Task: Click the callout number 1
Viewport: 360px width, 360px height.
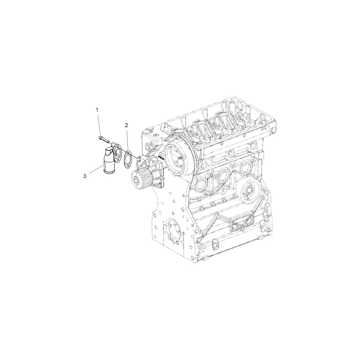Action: click(x=96, y=109)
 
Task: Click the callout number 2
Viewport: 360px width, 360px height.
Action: click(x=127, y=125)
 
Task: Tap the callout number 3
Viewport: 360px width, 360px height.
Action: click(x=84, y=177)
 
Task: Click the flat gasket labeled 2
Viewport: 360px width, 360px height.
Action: click(x=128, y=158)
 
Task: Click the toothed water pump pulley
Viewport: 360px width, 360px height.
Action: click(x=140, y=181)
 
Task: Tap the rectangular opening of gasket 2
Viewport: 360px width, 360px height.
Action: click(x=128, y=158)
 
